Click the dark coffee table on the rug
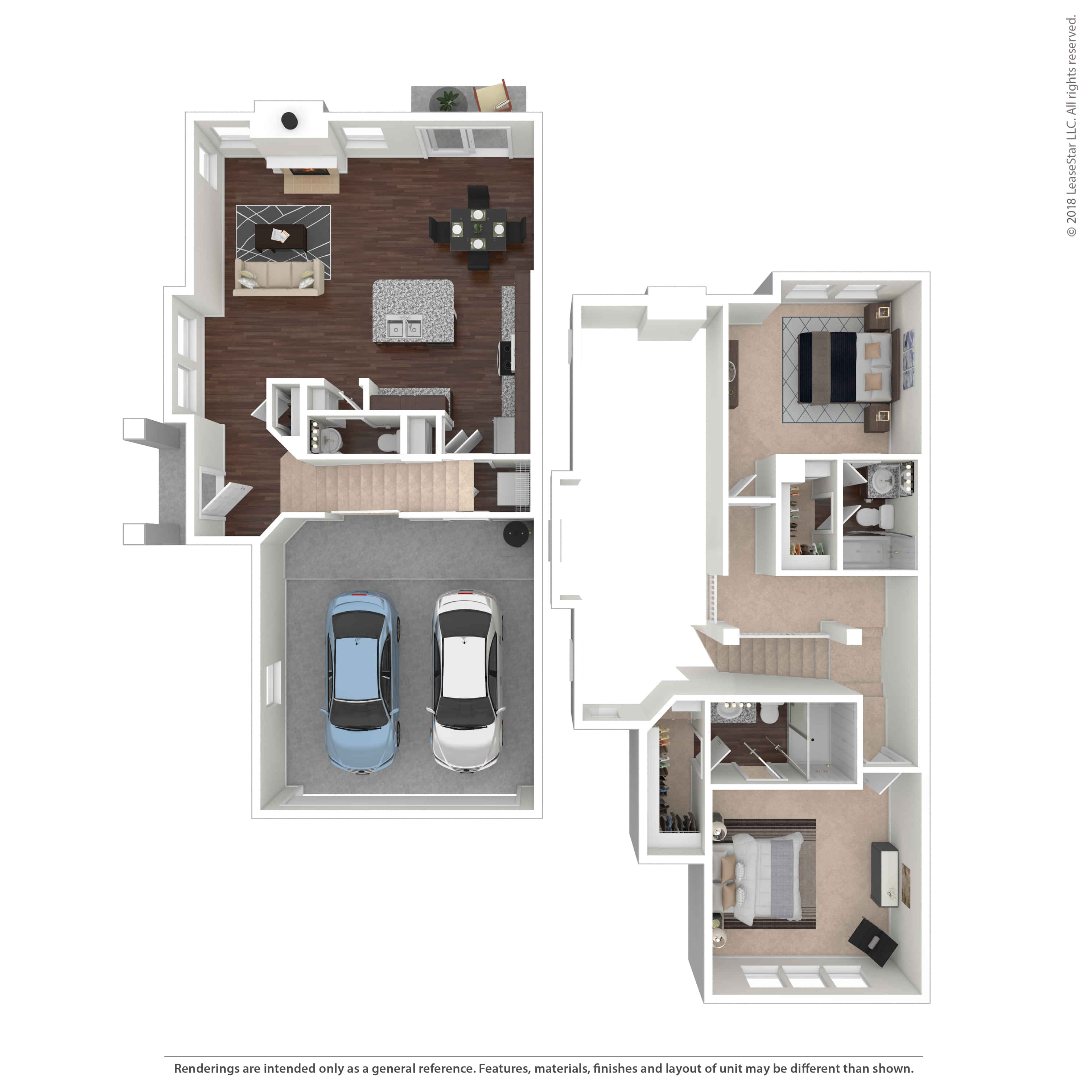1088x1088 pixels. point(280,238)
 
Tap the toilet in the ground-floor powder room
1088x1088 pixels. point(388,441)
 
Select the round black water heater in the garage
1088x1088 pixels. point(516,533)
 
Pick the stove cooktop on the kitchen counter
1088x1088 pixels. point(507,358)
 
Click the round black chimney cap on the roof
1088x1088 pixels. point(289,120)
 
